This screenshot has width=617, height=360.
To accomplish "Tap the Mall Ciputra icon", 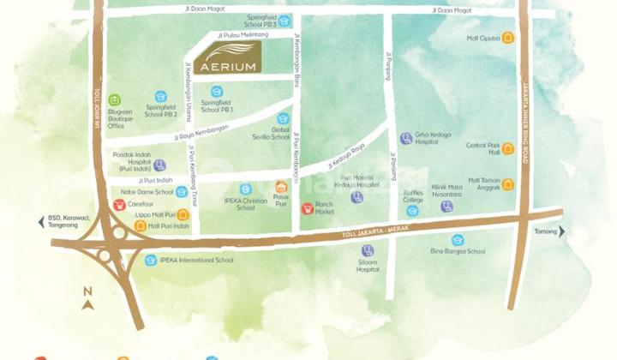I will (x=509, y=38).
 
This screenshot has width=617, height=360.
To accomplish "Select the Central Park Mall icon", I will (x=509, y=148).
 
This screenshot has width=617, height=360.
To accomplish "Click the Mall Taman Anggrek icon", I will (x=509, y=184).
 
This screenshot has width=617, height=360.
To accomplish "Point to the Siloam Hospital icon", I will (x=368, y=250).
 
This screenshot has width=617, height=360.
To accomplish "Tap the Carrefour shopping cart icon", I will (x=118, y=205).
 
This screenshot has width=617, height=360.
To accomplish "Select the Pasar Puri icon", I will (x=281, y=187).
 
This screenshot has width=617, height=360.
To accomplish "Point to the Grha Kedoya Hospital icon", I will (x=405, y=138).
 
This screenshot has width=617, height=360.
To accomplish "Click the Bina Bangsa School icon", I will (x=458, y=240).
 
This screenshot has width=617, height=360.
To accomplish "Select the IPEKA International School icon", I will (x=151, y=260).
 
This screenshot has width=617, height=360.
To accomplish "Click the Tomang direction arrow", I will (x=562, y=231).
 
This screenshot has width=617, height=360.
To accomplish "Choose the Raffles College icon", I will (x=413, y=211).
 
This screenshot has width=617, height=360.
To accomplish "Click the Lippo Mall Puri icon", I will (x=183, y=216).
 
